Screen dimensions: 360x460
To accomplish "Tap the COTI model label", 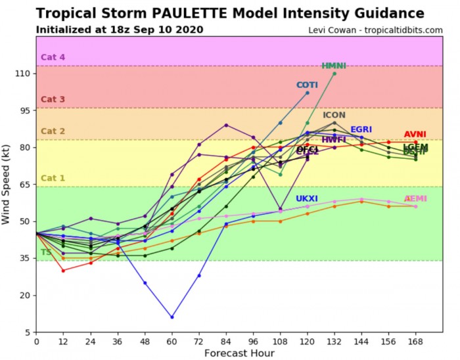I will click(x=307, y=85).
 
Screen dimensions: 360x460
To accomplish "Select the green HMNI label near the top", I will click(x=334, y=66).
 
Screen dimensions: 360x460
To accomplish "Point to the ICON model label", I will click(x=334, y=116).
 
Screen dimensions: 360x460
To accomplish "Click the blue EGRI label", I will click(x=361, y=130).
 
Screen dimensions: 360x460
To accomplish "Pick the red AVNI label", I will click(x=415, y=135).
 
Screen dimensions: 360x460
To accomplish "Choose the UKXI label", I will click(x=307, y=198).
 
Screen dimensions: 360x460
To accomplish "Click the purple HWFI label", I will click(x=334, y=140).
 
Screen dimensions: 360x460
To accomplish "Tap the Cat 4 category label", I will click(x=53, y=58).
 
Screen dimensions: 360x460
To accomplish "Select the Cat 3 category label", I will click(x=53, y=100).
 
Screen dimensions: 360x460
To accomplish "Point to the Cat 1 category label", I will click(x=53, y=179).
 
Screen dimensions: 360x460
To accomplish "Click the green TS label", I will click(x=46, y=252).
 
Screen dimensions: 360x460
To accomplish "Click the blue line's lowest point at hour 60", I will click(x=172, y=317).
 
